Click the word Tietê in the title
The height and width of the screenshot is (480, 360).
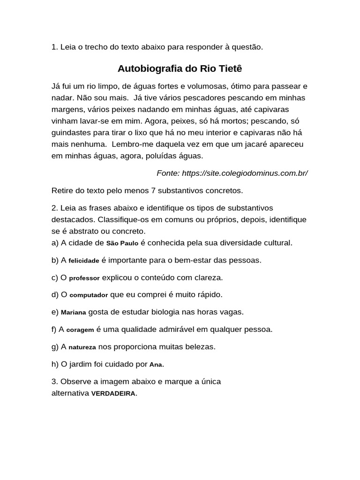(228, 69)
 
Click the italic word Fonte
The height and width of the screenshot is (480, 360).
(167, 173)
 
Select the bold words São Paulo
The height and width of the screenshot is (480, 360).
(122, 243)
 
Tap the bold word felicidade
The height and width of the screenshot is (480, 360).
(84, 261)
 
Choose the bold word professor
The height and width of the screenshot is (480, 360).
(84, 278)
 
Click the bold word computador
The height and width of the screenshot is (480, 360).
(89, 295)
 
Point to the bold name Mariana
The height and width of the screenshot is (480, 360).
(74, 313)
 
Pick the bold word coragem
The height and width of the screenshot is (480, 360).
(80, 330)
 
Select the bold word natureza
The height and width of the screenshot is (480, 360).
(82, 347)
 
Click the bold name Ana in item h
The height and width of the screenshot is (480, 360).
(156, 364)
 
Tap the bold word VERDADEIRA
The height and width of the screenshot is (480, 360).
(113, 394)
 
